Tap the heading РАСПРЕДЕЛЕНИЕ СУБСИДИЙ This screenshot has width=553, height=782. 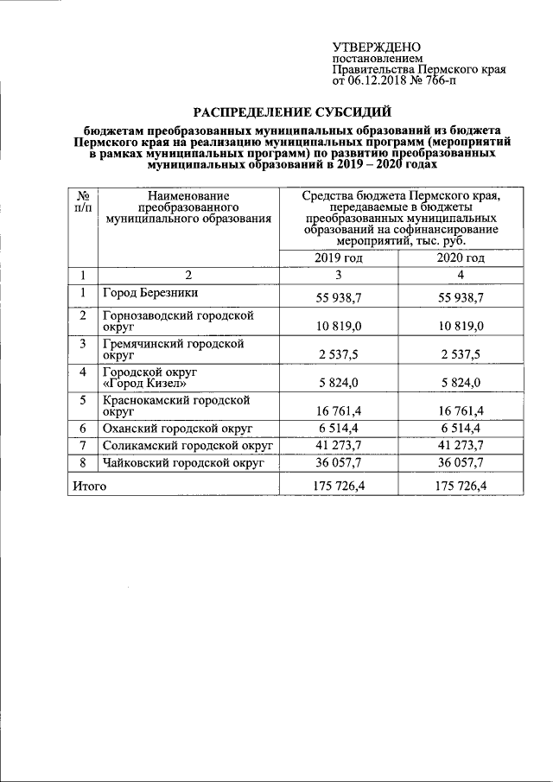coord(291,111)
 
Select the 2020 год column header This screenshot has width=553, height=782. coord(461,258)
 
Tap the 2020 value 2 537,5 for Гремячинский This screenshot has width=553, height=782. coord(461,353)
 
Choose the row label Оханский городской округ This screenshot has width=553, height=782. coord(175,429)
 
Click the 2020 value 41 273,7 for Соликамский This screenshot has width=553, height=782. coord(461,446)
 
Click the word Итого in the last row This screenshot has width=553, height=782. coord(89,487)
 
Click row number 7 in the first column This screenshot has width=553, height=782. coord(84,446)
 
